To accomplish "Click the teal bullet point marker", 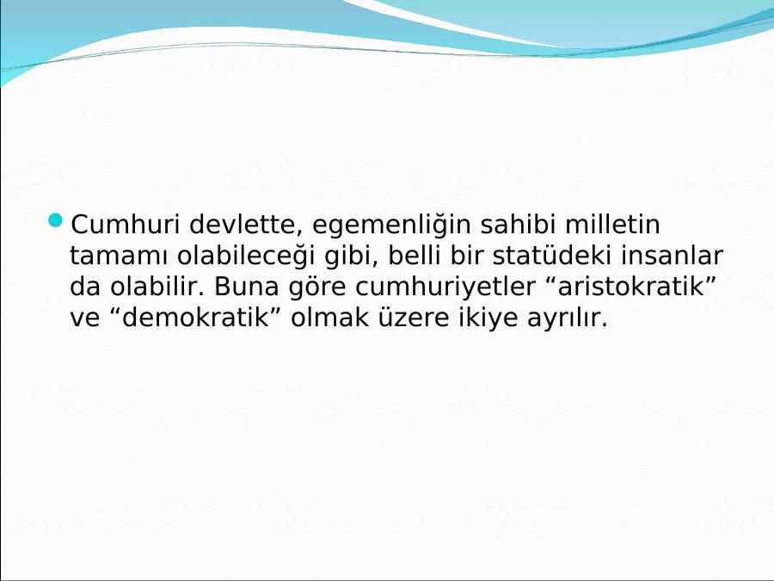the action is point(56,220).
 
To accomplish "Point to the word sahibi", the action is point(518,225).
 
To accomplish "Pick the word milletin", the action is point(612,225).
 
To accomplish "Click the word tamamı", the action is point(119,256).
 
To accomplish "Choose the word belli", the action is point(414,256).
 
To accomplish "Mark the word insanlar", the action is point(672,256).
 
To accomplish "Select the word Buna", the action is point(246,287).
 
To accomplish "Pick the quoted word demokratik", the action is point(195,318).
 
